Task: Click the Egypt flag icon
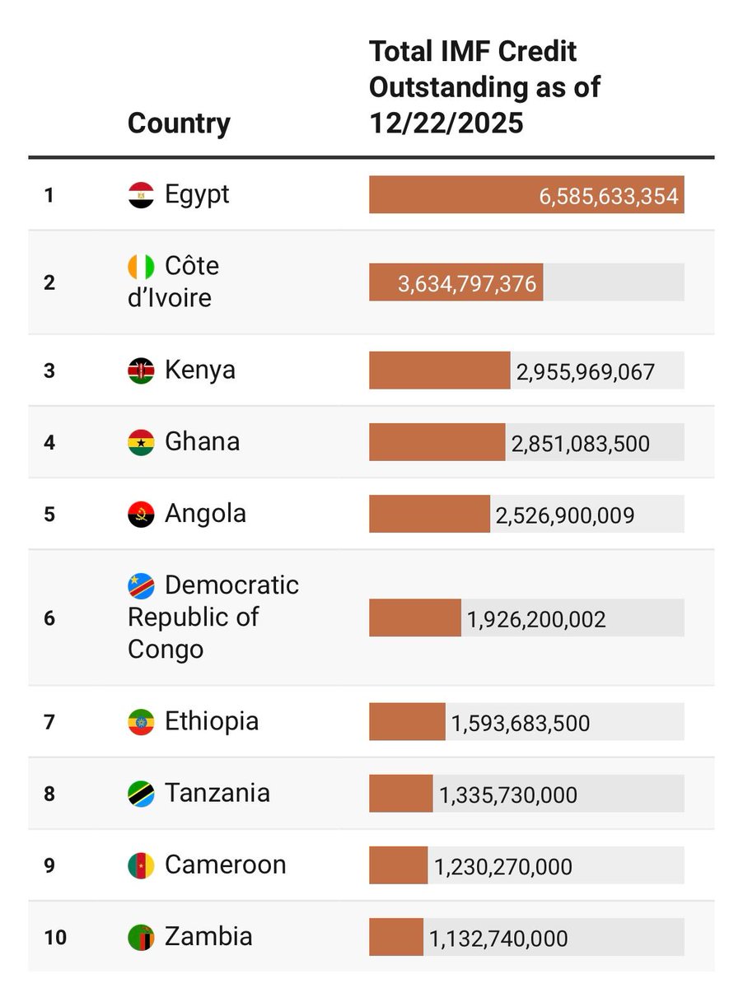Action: point(141,195)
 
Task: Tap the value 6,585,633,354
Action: point(609,196)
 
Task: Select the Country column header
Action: point(179,123)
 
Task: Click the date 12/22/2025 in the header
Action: point(446,123)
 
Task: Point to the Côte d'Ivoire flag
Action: point(141,267)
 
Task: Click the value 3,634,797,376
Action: point(467,284)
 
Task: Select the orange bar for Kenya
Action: point(439,370)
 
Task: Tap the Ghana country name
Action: point(202,441)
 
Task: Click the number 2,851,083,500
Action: point(580,444)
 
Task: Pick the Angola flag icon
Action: point(141,515)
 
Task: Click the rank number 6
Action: point(49,617)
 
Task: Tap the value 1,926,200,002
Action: point(536,619)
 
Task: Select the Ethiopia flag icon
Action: point(141,722)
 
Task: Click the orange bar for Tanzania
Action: point(400,794)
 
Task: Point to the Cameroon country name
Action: point(225,864)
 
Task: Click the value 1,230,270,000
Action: point(502,867)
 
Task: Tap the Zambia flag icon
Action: point(141,937)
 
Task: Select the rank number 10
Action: point(54,937)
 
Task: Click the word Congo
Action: point(166,649)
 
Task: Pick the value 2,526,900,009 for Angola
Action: point(564,515)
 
